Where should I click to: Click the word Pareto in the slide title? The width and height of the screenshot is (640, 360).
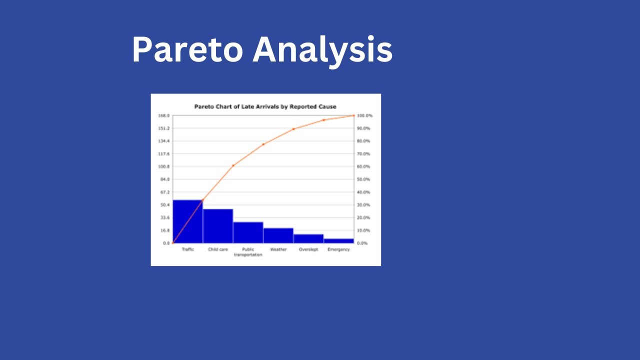(187, 50)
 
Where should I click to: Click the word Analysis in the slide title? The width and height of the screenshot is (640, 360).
(322, 50)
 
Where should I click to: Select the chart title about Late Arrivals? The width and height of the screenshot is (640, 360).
(265, 106)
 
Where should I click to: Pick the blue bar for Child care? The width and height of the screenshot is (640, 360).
(218, 226)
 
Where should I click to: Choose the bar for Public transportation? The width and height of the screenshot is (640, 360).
(248, 232)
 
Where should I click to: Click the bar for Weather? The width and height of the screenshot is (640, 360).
(278, 235)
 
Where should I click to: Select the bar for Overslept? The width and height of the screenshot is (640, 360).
(308, 238)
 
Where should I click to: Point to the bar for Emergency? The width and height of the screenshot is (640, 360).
(338, 241)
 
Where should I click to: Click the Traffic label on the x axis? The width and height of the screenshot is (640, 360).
(188, 249)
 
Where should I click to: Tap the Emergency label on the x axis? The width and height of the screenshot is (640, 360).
(338, 249)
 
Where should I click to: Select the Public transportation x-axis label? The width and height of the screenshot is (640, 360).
(248, 252)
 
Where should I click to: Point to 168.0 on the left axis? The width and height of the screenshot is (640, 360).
(164, 115)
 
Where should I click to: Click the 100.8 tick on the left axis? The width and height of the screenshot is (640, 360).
(164, 166)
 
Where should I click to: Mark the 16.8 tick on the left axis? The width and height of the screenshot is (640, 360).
(164, 230)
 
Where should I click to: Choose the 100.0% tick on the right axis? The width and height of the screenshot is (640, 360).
(364, 115)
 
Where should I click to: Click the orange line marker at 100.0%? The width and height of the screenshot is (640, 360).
(353, 115)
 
